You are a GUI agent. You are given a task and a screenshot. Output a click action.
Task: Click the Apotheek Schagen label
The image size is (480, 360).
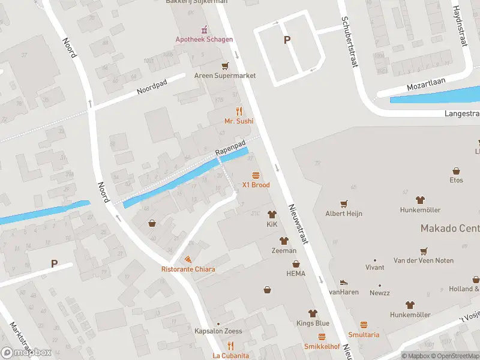(204, 40)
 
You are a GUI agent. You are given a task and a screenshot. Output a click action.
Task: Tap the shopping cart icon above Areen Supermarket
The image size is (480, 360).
(225, 66)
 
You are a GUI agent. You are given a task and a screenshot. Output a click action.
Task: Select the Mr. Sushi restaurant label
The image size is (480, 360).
(239, 121)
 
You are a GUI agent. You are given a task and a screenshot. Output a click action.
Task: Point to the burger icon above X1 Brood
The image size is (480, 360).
(256, 175)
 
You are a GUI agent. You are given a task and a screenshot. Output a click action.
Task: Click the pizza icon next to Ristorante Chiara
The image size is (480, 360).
(188, 259)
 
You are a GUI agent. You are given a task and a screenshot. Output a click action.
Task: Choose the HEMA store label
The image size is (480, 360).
(295, 274)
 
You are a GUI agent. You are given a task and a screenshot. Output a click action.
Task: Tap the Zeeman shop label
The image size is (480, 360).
(284, 250)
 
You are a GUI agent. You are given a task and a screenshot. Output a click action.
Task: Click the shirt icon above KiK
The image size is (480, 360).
(272, 214)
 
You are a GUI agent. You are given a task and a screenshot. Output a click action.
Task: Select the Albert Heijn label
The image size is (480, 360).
(344, 213)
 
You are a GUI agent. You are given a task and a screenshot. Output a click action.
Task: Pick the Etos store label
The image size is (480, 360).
(456, 180)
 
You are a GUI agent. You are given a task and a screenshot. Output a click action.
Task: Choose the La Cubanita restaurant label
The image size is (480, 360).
(230, 355)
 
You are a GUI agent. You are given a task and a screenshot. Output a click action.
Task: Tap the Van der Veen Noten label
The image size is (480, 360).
(423, 260)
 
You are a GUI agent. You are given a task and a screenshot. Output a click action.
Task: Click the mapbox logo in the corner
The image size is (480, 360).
(26, 352)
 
